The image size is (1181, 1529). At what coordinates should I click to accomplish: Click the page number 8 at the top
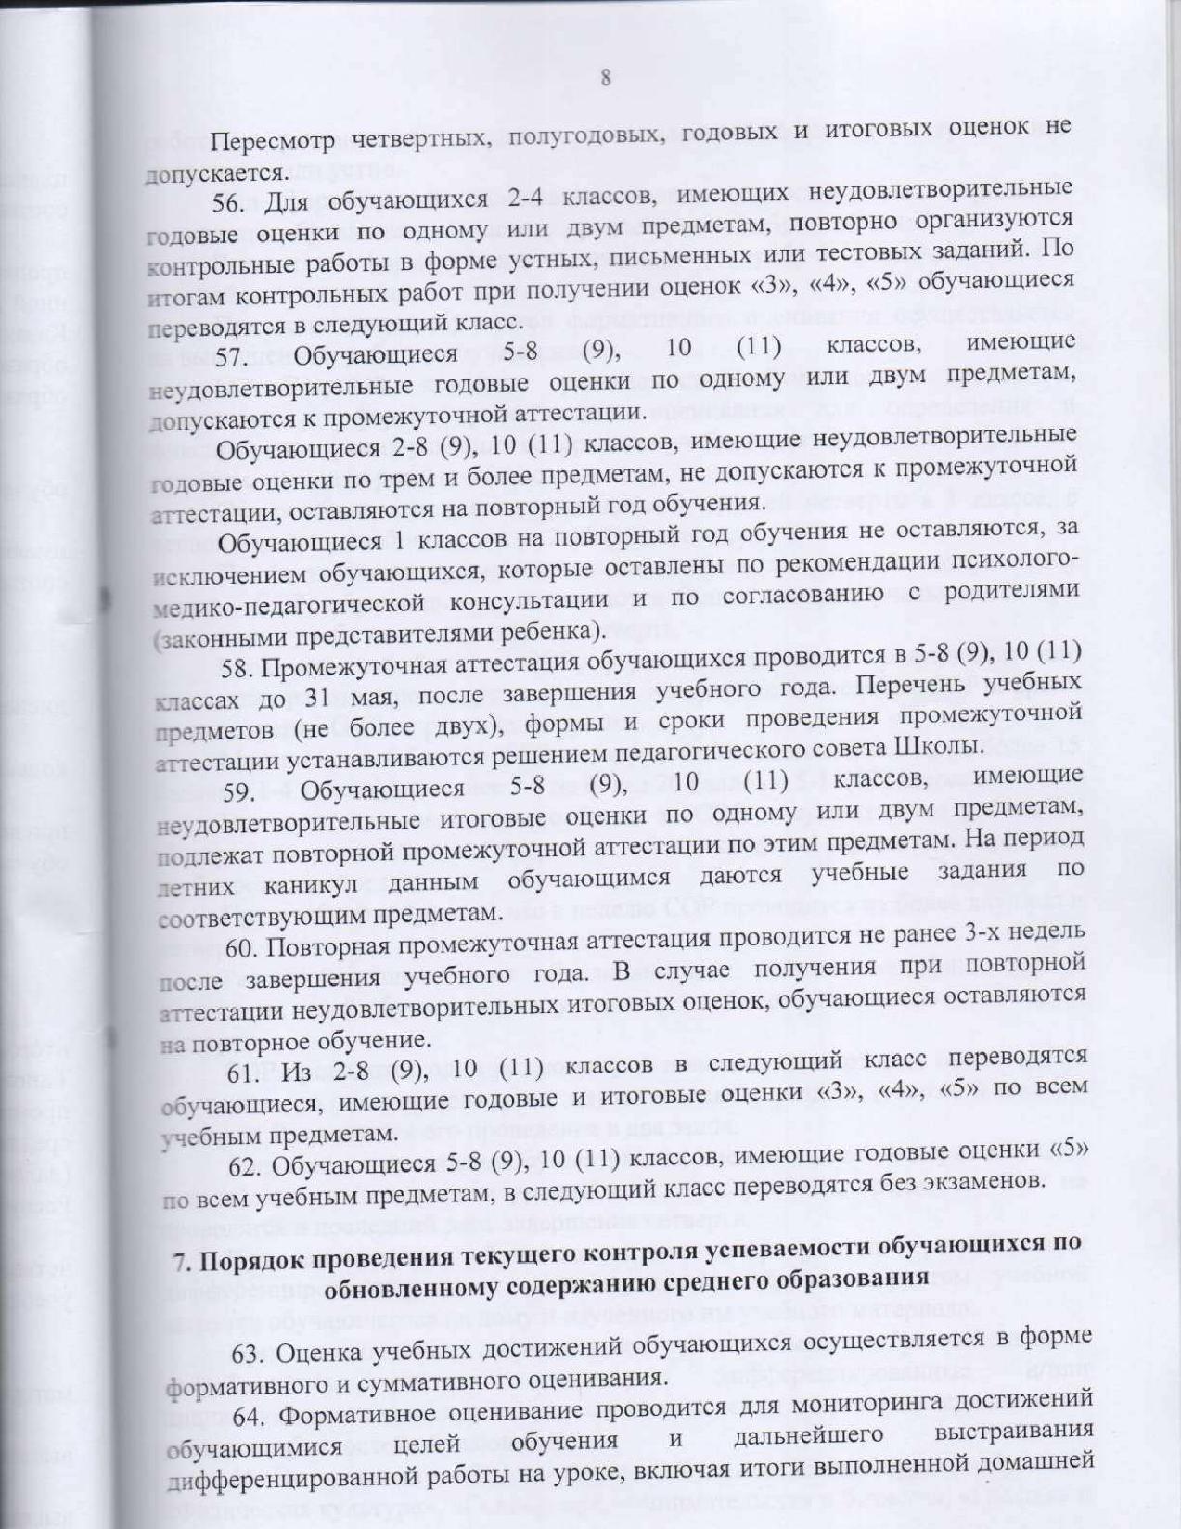coord(606,78)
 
